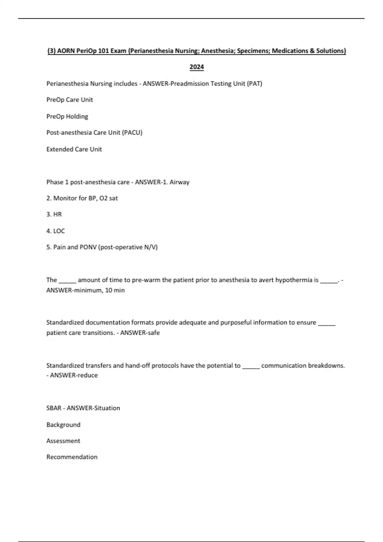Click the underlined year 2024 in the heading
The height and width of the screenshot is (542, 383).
click(197, 67)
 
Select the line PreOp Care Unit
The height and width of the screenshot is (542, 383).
click(70, 100)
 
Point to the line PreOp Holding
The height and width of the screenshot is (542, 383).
click(67, 116)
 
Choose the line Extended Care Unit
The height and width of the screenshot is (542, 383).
click(74, 149)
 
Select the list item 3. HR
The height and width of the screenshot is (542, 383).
click(54, 214)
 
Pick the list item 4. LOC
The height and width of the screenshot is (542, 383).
click(56, 231)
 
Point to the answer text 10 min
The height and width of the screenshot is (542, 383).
click(115, 290)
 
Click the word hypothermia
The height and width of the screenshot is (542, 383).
click(297, 280)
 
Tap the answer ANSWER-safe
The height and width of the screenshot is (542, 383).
click(140, 333)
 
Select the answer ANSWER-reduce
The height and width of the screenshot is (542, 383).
click(74, 375)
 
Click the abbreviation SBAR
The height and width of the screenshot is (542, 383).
click(54, 408)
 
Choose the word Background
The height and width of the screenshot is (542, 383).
click(63, 425)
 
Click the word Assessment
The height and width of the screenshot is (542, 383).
click(63, 441)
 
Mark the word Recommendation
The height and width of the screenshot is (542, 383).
click(72, 457)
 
